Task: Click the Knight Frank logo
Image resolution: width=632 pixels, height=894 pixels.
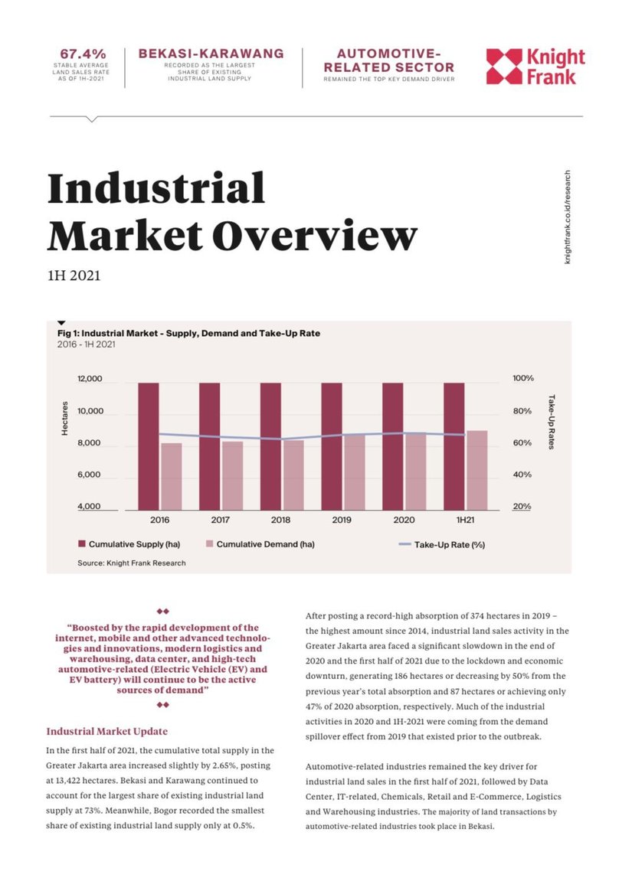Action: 535,67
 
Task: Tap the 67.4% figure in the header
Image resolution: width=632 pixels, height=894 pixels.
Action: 84,54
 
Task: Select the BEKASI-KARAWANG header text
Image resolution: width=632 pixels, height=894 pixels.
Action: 211,54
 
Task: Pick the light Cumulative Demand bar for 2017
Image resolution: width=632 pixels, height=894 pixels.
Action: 234,475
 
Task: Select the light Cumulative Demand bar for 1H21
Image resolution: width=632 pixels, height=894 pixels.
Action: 477,470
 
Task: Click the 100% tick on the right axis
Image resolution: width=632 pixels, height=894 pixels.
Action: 523,379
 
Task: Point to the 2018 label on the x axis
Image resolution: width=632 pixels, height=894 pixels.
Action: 281,520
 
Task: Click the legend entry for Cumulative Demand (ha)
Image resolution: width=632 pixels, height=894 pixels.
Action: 265,544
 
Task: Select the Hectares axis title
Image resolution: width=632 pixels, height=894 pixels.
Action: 65,419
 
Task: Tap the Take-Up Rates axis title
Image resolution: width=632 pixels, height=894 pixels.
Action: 551,422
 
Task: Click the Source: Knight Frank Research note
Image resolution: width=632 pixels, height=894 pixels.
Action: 131,563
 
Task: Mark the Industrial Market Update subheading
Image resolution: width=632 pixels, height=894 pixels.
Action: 106,731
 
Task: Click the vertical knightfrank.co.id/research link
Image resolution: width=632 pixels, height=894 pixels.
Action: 568,217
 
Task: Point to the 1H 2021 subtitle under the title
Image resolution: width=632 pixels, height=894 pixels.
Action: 74,276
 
